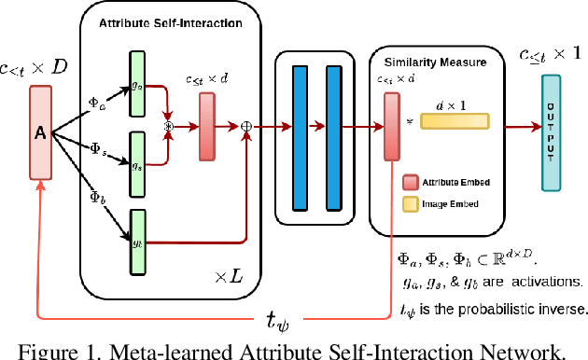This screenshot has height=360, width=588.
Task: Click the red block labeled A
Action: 40,132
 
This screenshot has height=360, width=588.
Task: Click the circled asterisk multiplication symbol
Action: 170,124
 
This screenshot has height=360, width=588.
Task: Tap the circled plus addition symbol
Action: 247,124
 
